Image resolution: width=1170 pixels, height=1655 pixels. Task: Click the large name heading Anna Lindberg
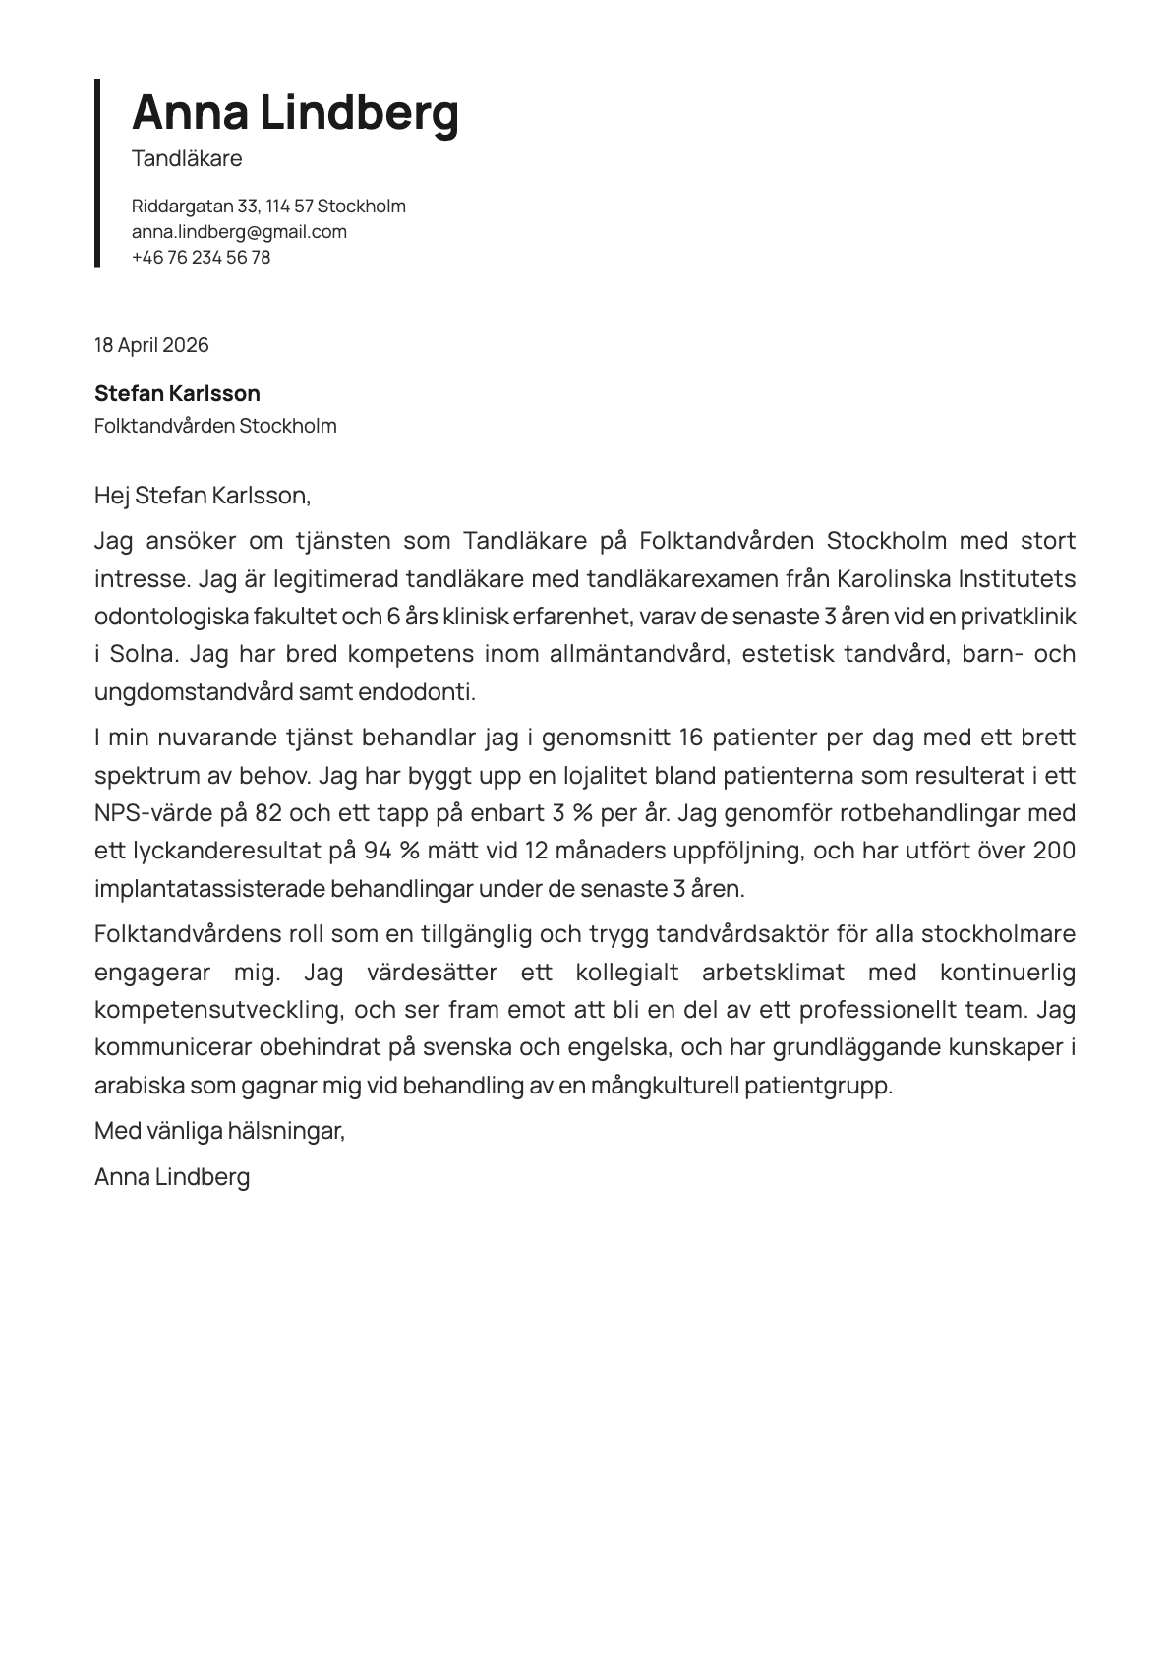tap(295, 112)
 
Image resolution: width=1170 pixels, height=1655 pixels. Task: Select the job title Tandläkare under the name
tap(187, 158)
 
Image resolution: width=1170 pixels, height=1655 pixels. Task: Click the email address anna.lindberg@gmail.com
tap(239, 232)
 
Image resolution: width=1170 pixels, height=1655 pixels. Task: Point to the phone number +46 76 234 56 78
tap(201, 258)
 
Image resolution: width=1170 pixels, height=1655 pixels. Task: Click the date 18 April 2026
tap(151, 345)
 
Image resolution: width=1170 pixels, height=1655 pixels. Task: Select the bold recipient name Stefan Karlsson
tap(177, 394)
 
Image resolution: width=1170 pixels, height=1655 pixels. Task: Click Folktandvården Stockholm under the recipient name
tap(215, 426)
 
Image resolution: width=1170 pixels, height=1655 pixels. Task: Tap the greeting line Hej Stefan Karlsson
tap(202, 496)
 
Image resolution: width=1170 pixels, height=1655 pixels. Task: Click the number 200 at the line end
tap(1054, 851)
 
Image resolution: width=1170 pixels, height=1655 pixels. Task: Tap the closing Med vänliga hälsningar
tap(219, 1131)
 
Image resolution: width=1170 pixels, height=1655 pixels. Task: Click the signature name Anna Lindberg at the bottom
tap(172, 1177)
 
